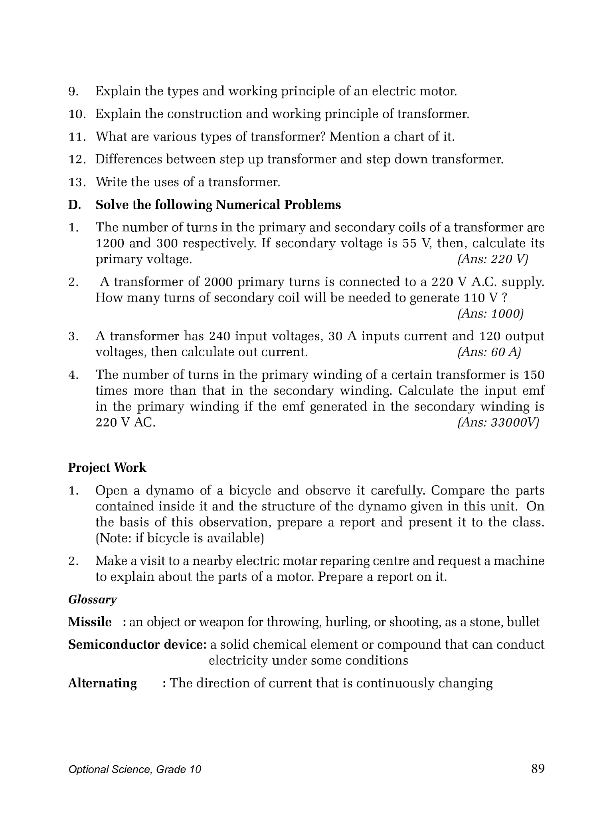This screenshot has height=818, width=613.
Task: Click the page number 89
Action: pos(538,768)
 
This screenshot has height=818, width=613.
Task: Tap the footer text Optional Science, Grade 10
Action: pos(134,769)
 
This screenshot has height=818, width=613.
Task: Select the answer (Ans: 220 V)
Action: pos(492,260)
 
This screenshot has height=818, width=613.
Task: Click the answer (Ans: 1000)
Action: pos(490,314)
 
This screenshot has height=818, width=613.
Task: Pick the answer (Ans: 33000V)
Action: pos(498,423)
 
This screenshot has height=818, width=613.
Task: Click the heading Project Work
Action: pos(107,468)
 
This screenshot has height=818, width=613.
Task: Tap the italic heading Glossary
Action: pos(93,600)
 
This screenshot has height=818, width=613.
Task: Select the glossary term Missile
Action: pos(90,622)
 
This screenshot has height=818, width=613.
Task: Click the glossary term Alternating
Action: pos(102,683)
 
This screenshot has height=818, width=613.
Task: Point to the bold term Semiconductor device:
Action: pos(137,645)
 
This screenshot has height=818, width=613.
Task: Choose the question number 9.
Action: pos(73,92)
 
